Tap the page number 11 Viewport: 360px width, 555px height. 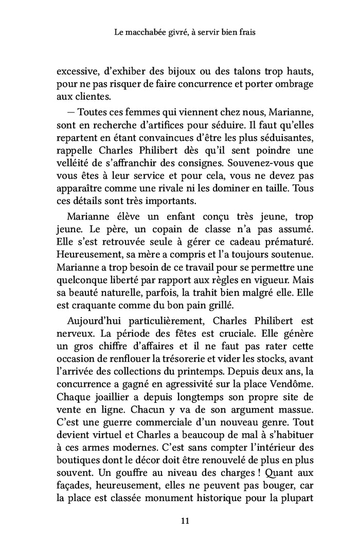(x=186, y=521)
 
